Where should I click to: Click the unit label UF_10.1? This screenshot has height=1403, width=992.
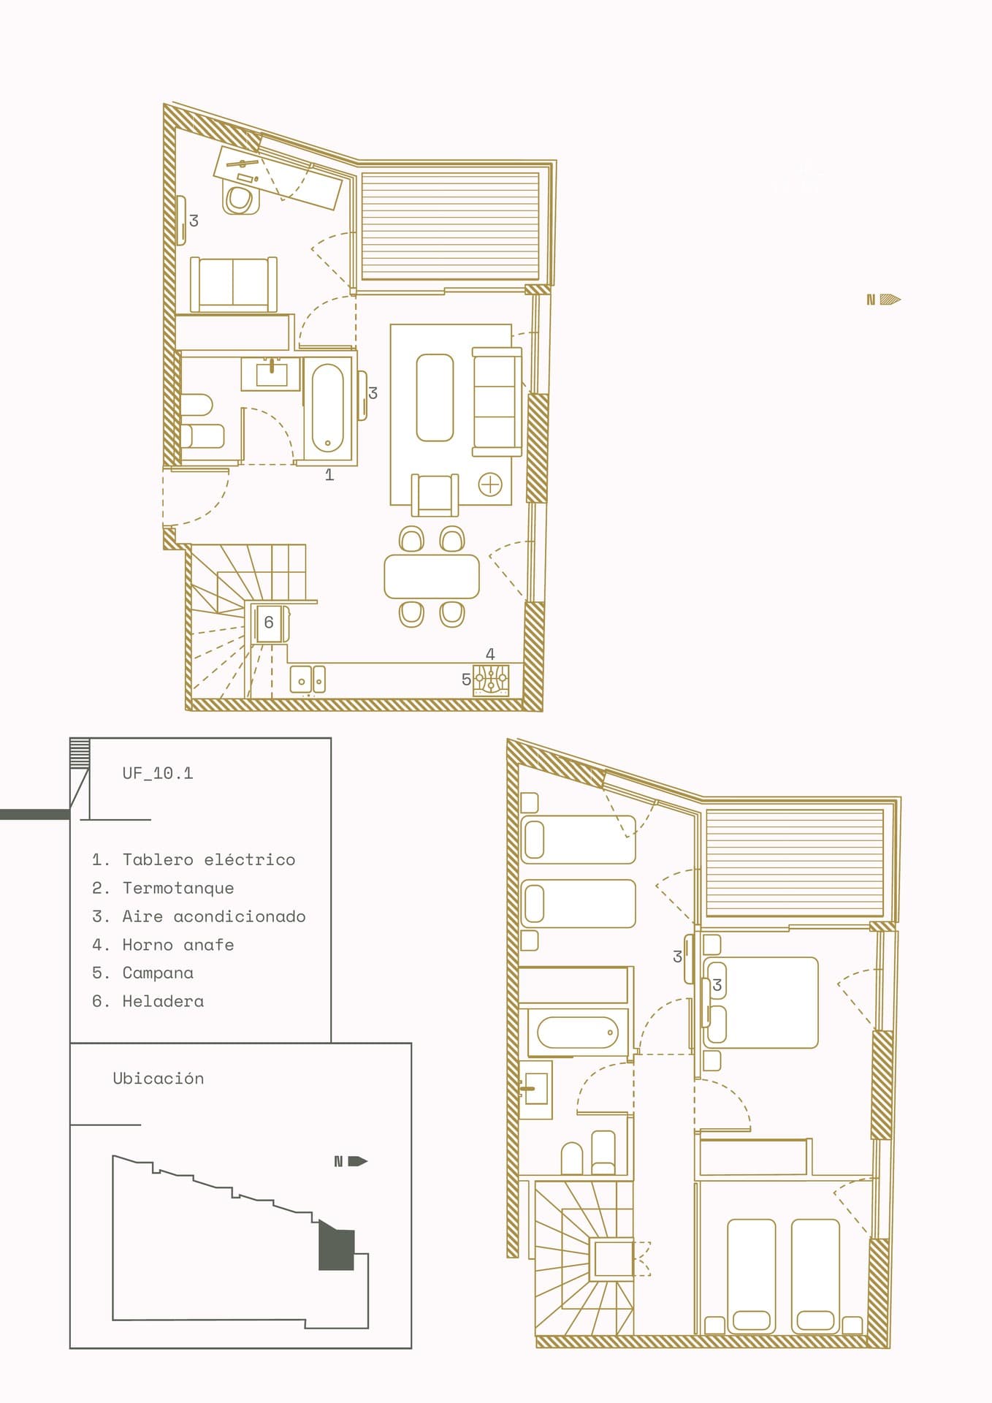coord(158,773)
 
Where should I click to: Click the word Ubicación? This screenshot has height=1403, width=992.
coord(159,1079)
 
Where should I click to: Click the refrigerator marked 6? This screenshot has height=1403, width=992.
coord(270,623)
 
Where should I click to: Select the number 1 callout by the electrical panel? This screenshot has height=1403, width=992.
coord(329,475)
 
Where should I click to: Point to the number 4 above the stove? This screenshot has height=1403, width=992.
coord(490,654)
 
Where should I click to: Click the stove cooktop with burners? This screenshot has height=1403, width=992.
coord(491,680)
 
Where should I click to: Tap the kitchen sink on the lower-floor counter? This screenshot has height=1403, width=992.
coord(308,680)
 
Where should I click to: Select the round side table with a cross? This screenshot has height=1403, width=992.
coord(490,484)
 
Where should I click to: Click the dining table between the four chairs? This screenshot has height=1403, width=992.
coord(432,577)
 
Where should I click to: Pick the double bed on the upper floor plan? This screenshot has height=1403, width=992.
coord(760,1003)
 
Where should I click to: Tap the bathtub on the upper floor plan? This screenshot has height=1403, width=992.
coord(578,1033)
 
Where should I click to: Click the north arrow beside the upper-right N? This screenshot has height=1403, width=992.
coord(890,299)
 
